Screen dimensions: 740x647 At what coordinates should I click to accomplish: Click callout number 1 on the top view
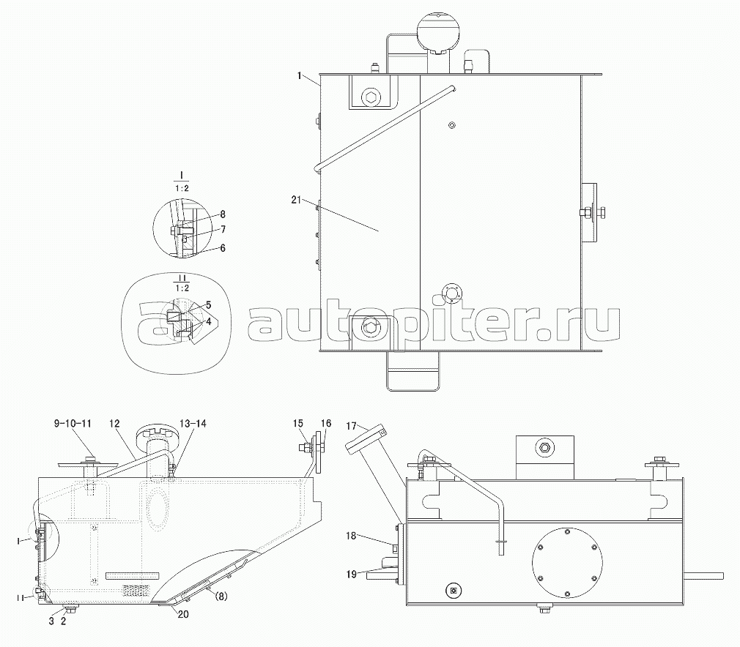(299, 75)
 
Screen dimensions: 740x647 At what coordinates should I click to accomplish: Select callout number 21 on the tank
(296, 200)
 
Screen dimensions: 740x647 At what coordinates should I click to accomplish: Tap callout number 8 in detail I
(223, 214)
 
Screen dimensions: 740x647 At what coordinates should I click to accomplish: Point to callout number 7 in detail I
(223, 229)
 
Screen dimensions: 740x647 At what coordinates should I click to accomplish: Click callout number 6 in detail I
(223, 247)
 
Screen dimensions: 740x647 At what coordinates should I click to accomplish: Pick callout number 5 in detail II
(209, 306)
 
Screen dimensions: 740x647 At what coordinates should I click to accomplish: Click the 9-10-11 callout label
(72, 424)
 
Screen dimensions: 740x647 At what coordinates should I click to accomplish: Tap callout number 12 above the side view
(115, 424)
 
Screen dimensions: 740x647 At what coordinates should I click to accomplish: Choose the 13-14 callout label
(193, 424)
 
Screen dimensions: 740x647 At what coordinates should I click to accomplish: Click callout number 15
(297, 423)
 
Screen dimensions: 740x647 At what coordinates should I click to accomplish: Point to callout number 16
(326, 423)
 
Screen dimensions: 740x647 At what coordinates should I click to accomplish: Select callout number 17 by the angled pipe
(351, 426)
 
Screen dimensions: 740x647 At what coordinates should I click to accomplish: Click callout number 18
(351, 536)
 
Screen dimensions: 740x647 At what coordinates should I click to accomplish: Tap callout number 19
(351, 574)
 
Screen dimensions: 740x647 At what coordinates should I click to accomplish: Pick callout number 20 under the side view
(183, 614)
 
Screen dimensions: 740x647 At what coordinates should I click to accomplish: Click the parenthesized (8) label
(221, 596)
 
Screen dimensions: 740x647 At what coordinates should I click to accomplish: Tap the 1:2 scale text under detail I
(181, 188)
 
